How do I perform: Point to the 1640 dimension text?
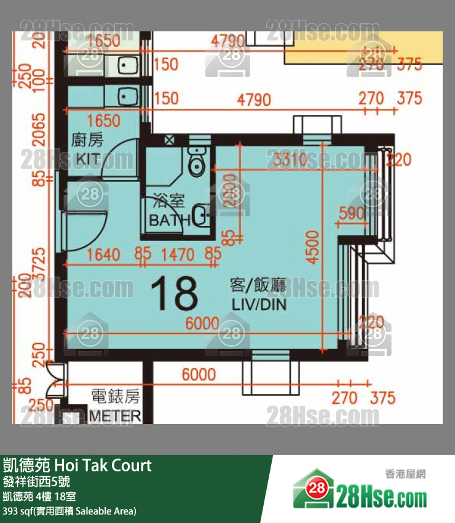[x=103, y=254]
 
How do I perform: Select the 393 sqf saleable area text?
[x=69, y=511]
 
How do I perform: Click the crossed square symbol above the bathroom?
[x=169, y=140]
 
